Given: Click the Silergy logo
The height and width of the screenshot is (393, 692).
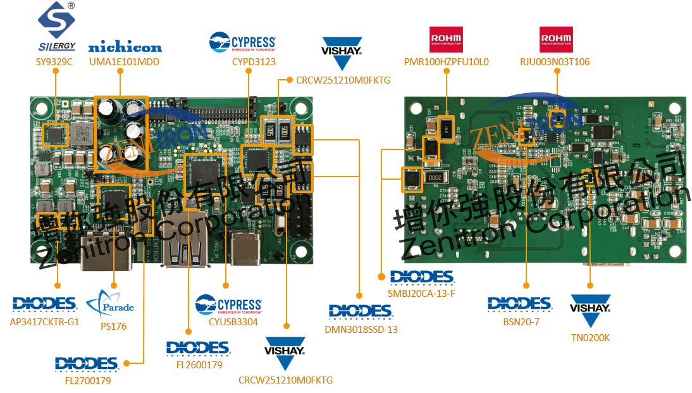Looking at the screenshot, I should (56, 27).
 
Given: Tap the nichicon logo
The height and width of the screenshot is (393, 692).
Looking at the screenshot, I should (125, 47).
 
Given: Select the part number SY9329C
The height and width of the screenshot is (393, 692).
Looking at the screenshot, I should (54, 62).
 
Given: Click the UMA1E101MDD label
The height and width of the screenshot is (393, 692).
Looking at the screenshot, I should (124, 62).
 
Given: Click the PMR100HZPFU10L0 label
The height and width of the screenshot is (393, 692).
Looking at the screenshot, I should (446, 62).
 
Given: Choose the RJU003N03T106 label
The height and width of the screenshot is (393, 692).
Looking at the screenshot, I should (555, 62).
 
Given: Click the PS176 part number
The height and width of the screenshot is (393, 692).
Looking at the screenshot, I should (114, 327).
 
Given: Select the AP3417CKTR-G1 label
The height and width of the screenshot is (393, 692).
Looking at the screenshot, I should (45, 321).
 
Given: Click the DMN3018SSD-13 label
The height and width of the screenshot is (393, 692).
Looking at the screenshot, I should (361, 329).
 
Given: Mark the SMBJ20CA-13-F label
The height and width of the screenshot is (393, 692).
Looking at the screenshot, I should (421, 294).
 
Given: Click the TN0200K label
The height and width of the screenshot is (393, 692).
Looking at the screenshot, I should (590, 337).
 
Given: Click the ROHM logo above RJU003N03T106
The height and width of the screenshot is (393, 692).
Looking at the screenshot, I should (556, 39).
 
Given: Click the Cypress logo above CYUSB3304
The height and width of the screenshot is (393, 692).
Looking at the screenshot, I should (228, 304).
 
